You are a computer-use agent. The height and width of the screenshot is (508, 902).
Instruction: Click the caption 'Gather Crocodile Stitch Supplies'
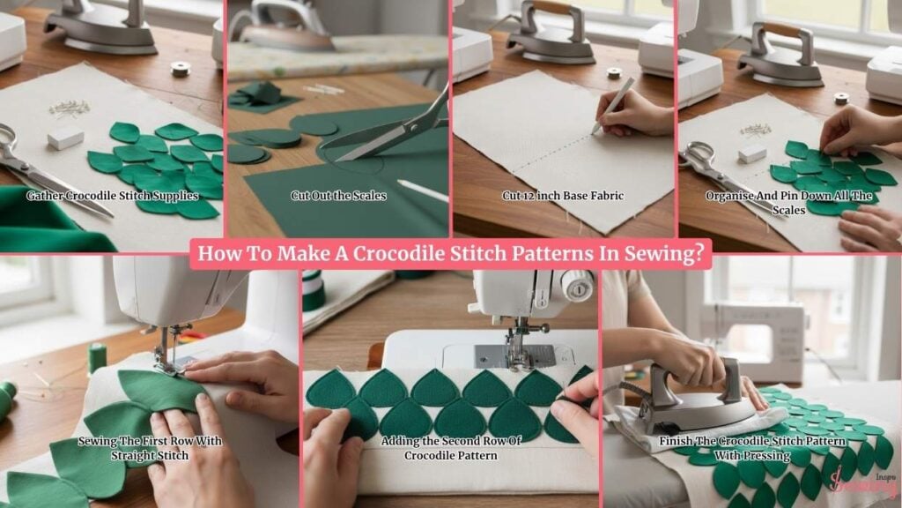pyautogui.click(x=112, y=196)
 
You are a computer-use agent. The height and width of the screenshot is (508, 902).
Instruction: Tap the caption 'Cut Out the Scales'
pyautogui.click(x=338, y=196)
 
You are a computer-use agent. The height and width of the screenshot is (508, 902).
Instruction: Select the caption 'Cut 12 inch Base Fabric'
pyautogui.click(x=563, y=196)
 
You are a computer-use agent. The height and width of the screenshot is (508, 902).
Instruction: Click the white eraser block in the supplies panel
pyautogui.click(x=65, y=138)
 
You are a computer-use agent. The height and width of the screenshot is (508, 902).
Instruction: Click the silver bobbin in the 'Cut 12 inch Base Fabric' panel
pyautogui.click(x=614, y=73)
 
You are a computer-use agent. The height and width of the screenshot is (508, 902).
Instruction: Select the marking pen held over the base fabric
pyautogui.click(x=613, y=107)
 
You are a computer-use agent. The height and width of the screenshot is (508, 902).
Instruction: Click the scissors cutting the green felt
pyautogui.click(x=397, y=129)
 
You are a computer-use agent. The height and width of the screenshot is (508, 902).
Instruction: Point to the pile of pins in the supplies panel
pyautogui.click(x=70, y=108)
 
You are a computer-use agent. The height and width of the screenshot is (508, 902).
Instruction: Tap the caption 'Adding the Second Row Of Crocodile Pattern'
pyautogui.click(x=451, y=448)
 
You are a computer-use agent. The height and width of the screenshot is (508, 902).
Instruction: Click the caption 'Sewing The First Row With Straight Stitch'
pyautogui.click(x=150, y=448)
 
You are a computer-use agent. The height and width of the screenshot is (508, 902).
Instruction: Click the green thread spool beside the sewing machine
pyautogui.click(x=97, y=358)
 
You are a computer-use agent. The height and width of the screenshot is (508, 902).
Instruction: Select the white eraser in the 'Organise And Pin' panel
pyautogui.click(x=752, y=154)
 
